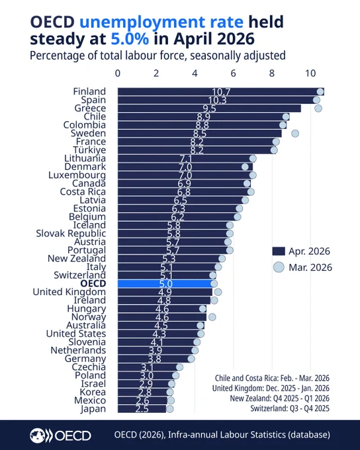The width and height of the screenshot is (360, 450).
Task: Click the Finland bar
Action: click(221, 91)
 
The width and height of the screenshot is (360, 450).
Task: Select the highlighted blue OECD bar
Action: click(166, 283)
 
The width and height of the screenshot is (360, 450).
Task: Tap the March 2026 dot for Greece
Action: click(318, 108)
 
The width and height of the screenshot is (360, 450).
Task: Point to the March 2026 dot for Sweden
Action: click(295, 133)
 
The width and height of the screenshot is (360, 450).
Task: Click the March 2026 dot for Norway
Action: click(212, 317)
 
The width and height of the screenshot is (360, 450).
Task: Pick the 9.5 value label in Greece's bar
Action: click(209, 109)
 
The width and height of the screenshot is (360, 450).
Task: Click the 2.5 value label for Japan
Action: click(142, 409)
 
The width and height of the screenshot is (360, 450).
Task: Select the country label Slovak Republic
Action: click(71, 234)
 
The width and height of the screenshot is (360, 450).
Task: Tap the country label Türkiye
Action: click(89, 150)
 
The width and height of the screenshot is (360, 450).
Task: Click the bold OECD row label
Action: click(93, 283)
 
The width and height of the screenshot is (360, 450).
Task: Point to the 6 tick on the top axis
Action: click(234, 73)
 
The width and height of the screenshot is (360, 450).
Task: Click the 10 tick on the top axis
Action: click(310, 73)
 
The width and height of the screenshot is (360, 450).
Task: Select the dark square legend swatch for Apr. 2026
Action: click(279, 251)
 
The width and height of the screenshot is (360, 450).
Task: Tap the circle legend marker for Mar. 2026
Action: click(279, 267)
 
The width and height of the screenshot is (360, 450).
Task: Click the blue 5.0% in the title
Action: click(130, 39)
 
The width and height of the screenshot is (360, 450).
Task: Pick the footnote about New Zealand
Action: click(280, 398)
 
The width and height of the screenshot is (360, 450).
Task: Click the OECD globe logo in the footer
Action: click(37, 435)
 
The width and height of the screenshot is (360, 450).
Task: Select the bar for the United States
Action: click(159, 334)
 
